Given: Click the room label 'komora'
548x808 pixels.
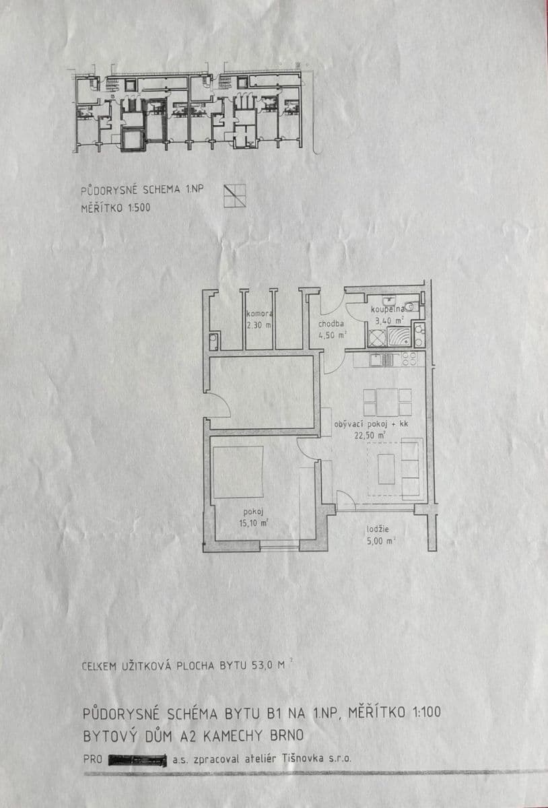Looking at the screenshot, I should coord(259,314).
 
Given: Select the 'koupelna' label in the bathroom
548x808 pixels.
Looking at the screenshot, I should coord(386,308).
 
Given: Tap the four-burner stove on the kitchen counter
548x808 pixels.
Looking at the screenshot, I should coord(409,360).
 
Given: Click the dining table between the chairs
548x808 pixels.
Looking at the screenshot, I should coord(387,403).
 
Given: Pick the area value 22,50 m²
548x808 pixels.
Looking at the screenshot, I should coord(372,436).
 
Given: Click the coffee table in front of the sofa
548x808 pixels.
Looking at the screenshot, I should coord(386,469).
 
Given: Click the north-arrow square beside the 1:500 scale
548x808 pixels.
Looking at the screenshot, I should coord(235,195).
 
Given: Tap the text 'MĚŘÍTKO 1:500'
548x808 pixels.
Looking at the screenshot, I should coord(115,208).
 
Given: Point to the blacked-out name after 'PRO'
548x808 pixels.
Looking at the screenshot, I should coord(137,759).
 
